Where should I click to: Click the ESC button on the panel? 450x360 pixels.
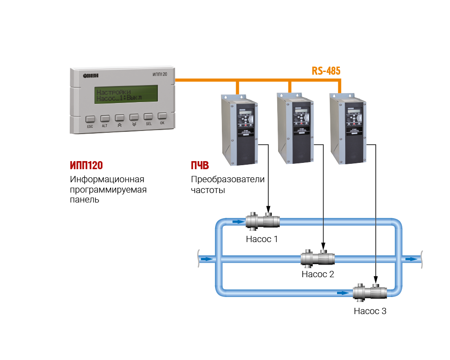(90, 119)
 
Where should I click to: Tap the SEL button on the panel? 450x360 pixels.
(148, 117)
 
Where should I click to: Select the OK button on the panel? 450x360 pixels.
(162, 116)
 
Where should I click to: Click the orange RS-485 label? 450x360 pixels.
(326, 71)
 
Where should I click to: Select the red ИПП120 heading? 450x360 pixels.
(89, 165)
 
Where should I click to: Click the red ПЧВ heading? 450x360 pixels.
(200, 165)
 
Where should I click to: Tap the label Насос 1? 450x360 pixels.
(262, 239)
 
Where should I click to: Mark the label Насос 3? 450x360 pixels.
(370, 310)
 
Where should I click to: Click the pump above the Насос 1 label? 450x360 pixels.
(263, 221)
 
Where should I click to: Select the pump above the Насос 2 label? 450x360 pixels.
(318, 258)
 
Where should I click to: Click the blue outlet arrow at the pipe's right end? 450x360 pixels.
(411, 259)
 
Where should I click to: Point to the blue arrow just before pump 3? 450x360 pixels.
(343, 293)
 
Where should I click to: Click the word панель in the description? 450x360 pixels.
(85, 200)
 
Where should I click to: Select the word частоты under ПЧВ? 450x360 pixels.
(208, 190)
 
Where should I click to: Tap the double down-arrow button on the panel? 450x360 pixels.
(134, 117)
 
